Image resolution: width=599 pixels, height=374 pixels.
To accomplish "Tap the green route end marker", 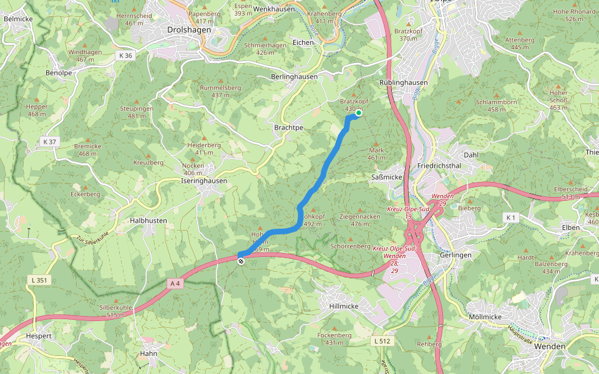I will (359, 113).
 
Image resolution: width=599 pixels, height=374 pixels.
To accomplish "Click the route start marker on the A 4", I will (240, 261).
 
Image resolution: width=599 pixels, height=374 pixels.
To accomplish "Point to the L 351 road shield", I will (38, 281).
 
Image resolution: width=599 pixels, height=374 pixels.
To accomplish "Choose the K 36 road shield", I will (125, 55).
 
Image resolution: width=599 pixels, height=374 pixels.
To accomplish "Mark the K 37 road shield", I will (50, 141).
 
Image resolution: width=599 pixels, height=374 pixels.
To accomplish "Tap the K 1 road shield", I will (512, 217).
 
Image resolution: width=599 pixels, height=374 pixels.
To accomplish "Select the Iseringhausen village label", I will (204, 181).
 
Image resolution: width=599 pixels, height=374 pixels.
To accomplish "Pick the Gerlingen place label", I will (455, 256).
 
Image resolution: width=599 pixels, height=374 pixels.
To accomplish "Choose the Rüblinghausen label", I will (403, 82).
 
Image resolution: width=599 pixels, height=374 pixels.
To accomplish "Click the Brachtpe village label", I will (288, 127).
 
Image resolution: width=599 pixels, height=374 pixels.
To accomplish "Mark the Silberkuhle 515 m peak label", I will (115, 311).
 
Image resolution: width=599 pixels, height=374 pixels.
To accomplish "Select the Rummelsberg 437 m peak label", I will (220, 92).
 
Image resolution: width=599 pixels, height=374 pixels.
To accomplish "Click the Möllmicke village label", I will (484, 317).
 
